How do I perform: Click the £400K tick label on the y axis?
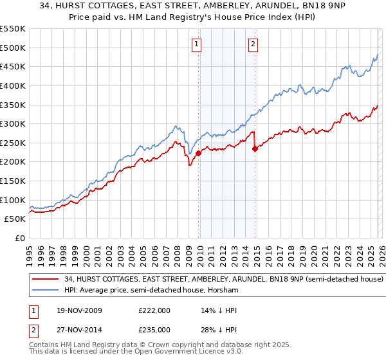pyautogui.click(x=13, y=85)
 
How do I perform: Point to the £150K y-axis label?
pyautogui.click(x=13, y=181)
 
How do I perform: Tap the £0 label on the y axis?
pyautogui.click(x=21, y=239)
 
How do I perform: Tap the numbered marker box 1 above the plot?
pyautogui.click(x=196, y=44)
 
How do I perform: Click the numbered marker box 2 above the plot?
pyautogui.click(x=253, y=44)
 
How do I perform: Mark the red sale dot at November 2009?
pyautogui.click(x=198, y=153)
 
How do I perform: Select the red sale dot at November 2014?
pyautogui.click(x=255, y=148)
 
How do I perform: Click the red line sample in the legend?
pyautogui.click(x=46, y=280)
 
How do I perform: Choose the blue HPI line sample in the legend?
pyautogui.click(x=46, y=291)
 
